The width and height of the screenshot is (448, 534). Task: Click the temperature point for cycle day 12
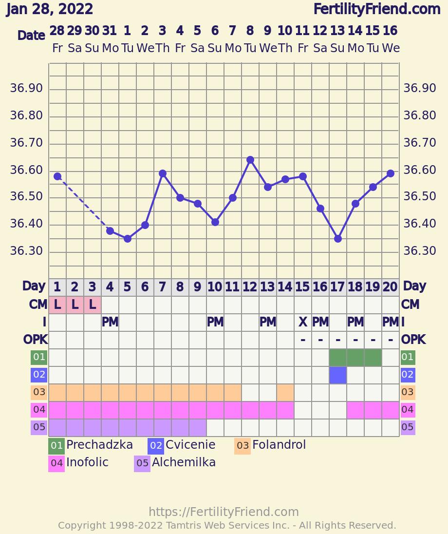(250, 160)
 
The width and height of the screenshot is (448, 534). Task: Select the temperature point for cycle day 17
(338, 239)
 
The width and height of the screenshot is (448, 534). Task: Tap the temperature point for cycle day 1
(57, 176)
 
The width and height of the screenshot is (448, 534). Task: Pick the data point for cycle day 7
(163, 173)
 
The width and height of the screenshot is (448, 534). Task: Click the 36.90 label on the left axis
(26, 88)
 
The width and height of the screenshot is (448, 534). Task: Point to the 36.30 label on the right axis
(419, 251)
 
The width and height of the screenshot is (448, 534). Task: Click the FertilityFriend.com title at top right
(376, 9)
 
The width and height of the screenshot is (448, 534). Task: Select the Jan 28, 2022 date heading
(50, 9)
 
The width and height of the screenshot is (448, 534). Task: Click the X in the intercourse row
(303, 322)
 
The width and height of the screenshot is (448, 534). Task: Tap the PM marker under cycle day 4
(110, 322)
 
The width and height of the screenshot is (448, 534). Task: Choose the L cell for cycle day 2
(75, 305)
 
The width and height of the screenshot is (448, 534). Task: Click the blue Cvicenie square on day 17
(338, 375)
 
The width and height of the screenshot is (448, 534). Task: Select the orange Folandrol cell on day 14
(285, 393)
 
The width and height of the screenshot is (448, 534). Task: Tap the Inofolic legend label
(87, 462)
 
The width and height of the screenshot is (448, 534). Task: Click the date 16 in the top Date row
(390, 31)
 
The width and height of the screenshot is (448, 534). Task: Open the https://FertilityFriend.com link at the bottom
(224, 512)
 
